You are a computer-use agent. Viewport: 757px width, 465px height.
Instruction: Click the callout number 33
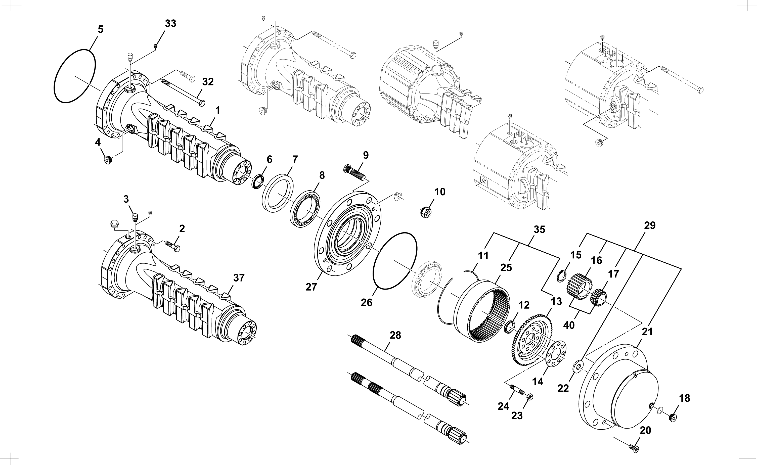[x=171, y=23]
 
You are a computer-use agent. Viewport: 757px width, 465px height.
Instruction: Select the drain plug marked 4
[x=108, y=160]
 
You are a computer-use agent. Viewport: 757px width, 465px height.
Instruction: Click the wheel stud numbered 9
[x=354, y=172]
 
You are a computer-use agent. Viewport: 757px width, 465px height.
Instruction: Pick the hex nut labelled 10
[x=426, y=212]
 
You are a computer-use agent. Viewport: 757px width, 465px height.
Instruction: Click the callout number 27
[x=311, y=287]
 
